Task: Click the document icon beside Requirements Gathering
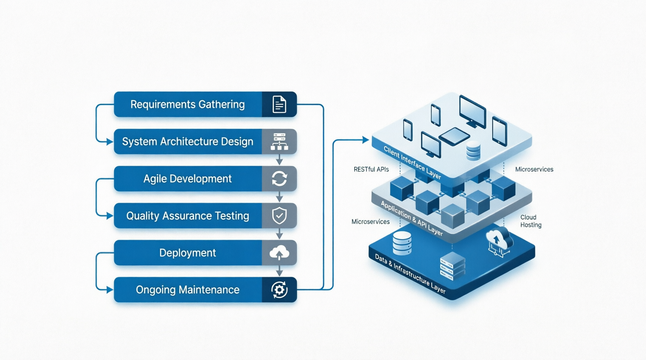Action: (x=279, y=104)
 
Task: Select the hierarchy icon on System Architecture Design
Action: (x=279, y=142)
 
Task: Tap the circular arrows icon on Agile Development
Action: (x=279, y=178)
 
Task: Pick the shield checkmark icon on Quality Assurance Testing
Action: (x=279, y=216)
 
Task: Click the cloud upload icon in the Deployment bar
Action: (x=279, y=253)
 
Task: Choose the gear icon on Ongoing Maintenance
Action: (x=279, y=290)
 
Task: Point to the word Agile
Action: (x=155, y=179)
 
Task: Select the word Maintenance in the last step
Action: (x=209, y=290)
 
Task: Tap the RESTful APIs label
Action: (x=371, y=170)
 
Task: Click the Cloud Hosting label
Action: (x=531, y=221)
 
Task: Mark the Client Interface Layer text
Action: (x=412, y=162)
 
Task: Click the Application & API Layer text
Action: (x=411, y=218)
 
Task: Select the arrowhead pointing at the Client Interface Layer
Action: (x=365, y=140)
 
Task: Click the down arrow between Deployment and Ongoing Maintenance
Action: (x=279, y=270)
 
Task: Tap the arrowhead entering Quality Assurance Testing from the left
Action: (x=109, y=216)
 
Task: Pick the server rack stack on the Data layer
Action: (x=453, y=266)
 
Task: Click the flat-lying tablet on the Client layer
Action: (x=454, y=136)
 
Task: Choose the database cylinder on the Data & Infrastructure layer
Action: (x=402, y=243)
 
